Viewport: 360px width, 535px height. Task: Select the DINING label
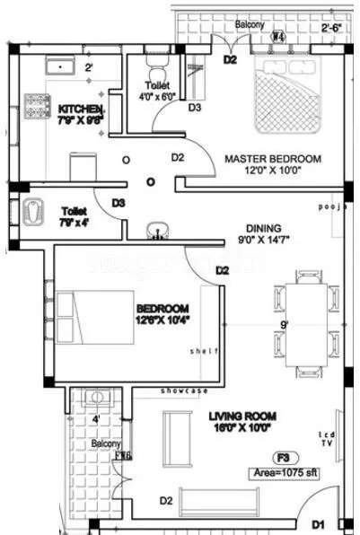pyautogui.click(x=261, y=228)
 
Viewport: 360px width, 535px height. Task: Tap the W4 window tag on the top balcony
pyautogui.click(x=278, y=37)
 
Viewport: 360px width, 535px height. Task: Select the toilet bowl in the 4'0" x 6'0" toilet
pyautogui.click(x=156, y=71)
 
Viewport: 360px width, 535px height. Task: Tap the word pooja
pyautogui.click(x=330, y=206)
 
